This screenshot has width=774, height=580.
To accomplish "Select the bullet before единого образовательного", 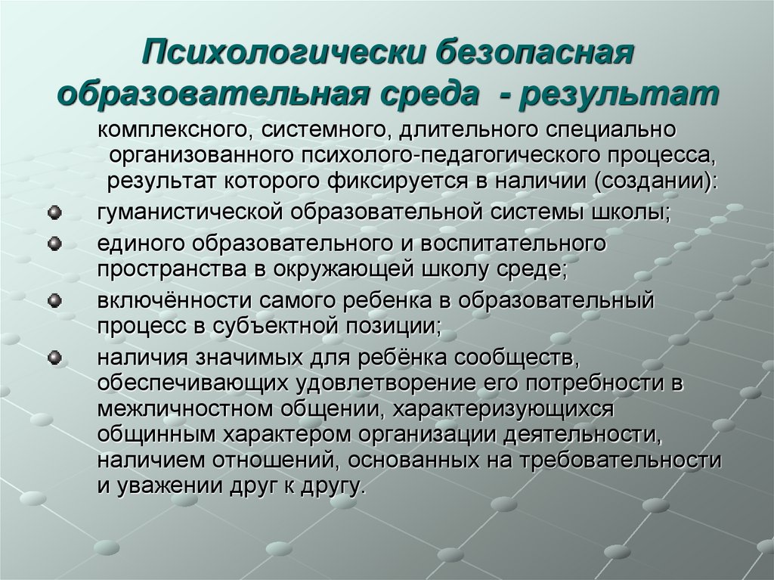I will tap(54, 244).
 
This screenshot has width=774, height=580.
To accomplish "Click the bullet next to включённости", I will tap(54, 302).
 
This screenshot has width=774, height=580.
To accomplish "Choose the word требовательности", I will tap(631, 459).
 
